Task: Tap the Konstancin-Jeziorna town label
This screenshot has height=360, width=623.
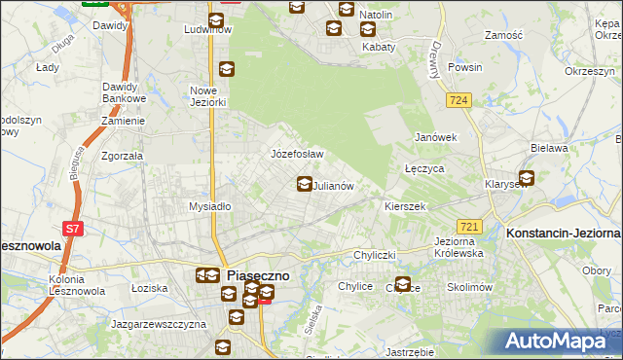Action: pos(563,234)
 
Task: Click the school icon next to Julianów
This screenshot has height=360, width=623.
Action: pos(305,183)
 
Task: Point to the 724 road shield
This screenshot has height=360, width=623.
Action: pos(459,100)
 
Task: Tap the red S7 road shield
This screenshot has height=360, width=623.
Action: pos(73,230)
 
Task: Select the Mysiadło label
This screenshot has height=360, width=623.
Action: pos(209,206)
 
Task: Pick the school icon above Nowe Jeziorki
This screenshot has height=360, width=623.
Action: pos(227,68)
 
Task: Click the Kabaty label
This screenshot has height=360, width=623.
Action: pos(379,47)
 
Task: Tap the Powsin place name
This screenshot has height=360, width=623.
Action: pos(464,68)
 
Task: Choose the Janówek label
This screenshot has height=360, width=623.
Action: pos(436,137)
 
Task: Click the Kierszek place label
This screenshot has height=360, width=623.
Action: pos(406,206)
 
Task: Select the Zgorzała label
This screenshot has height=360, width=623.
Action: pos(123,156)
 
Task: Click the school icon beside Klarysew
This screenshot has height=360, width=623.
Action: pos(527,178)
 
